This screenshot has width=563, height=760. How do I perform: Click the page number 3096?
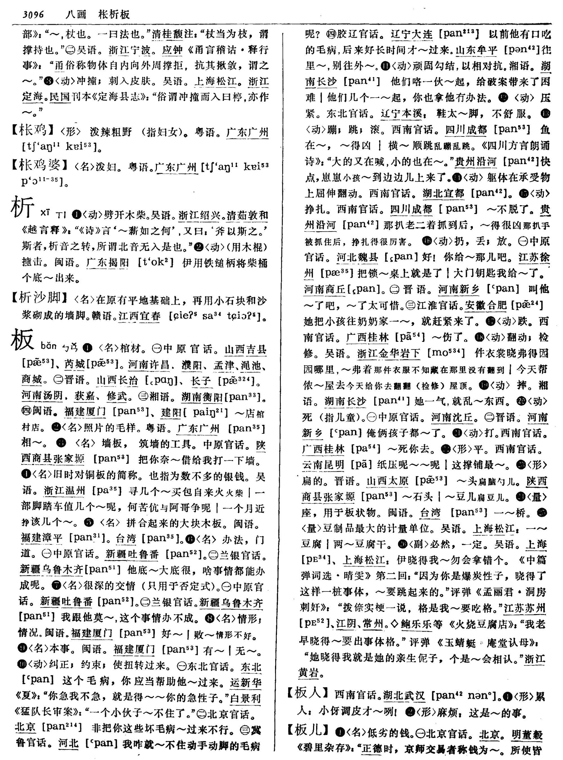click(33, 14)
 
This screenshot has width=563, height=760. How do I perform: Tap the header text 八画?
click(76, 14)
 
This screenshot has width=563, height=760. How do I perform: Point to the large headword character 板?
click(22, 340)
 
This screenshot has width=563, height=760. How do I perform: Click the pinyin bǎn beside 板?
click(48, 346)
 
